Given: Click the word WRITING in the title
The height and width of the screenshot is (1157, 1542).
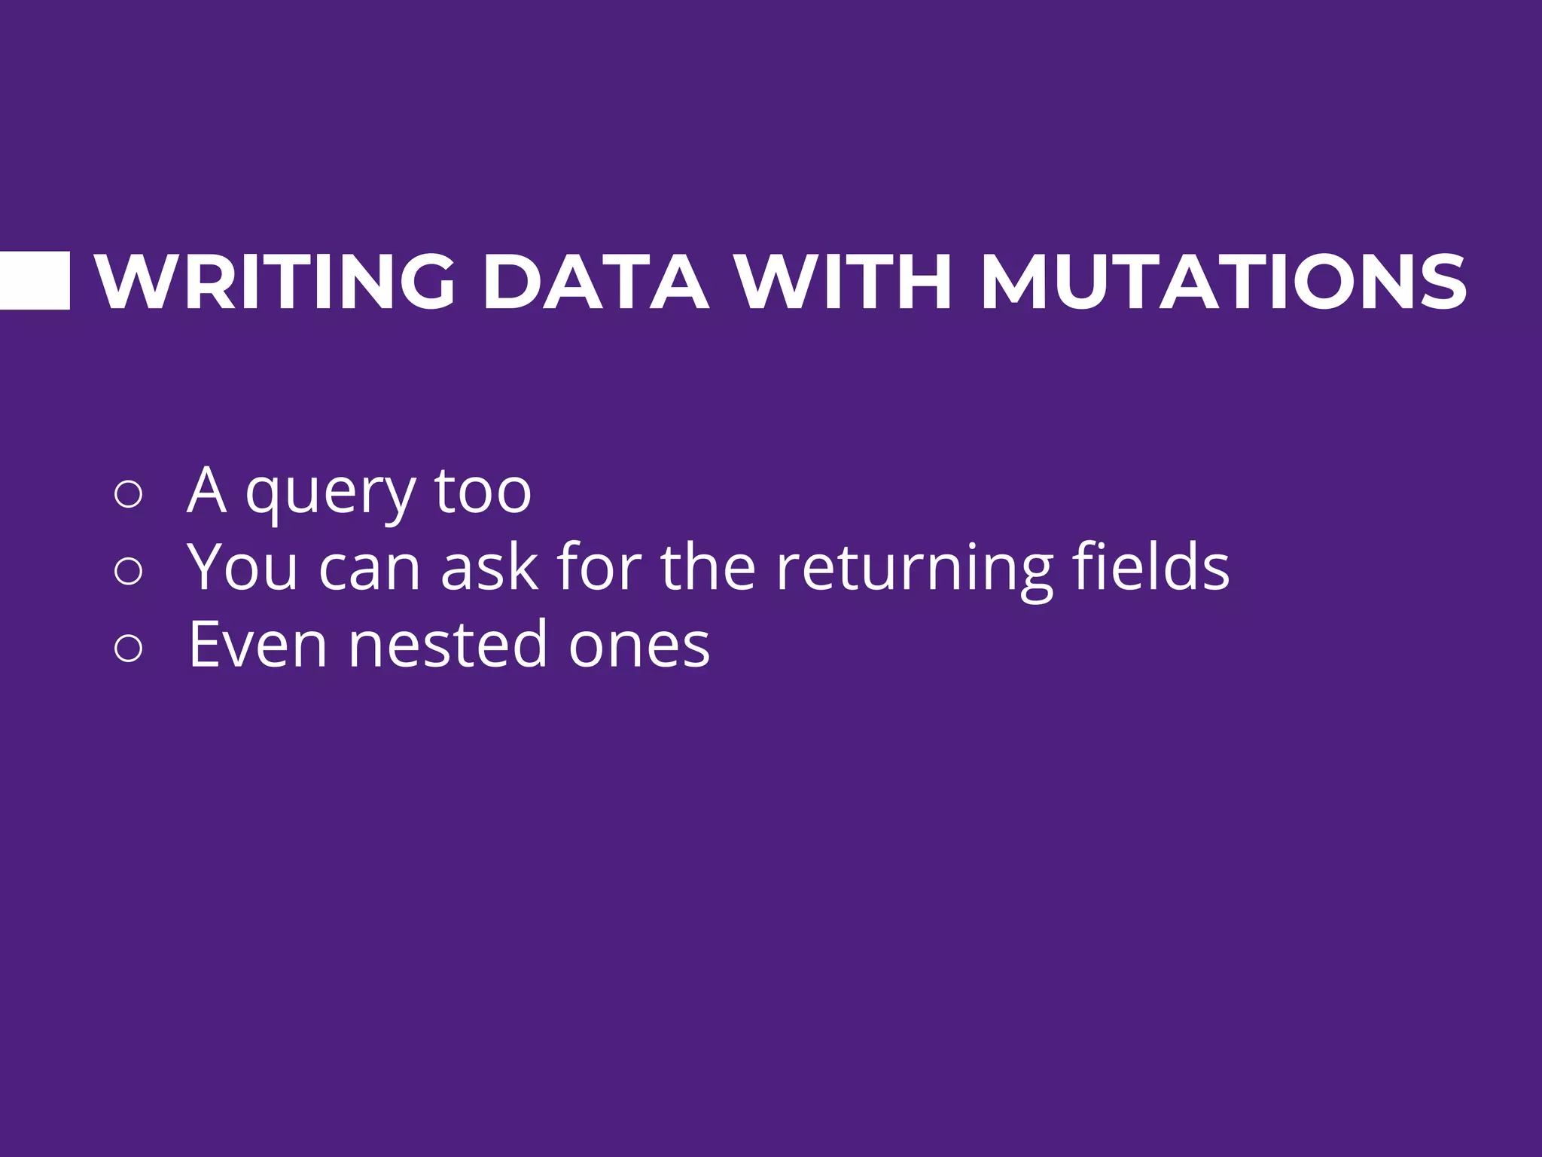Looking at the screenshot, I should tap(276, 282).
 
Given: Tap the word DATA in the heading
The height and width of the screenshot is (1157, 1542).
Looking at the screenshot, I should tap(595, 282).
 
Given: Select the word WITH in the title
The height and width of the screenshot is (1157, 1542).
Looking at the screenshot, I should tap(844, 282).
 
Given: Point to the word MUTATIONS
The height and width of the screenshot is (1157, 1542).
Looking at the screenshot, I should tap(1223, 282).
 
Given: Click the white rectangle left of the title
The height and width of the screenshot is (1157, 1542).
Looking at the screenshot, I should tap(35, 281).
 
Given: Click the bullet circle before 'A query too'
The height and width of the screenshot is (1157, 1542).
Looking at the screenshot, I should tap(129, 494).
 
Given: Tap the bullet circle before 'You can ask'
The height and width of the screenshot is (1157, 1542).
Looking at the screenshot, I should tap(129, 571).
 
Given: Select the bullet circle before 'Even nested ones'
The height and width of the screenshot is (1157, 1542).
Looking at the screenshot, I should tap(129, 648).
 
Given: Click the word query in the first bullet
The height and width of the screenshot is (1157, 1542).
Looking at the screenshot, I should tap(331, 497).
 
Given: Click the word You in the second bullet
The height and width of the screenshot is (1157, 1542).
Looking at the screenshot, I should tap(242, 568).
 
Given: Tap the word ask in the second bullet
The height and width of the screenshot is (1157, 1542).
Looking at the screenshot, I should tap(489, 568).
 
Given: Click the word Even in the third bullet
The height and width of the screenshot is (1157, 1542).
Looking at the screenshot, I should tap(258, 646).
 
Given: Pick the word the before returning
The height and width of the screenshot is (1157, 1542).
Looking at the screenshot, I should tap(708, 566).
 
